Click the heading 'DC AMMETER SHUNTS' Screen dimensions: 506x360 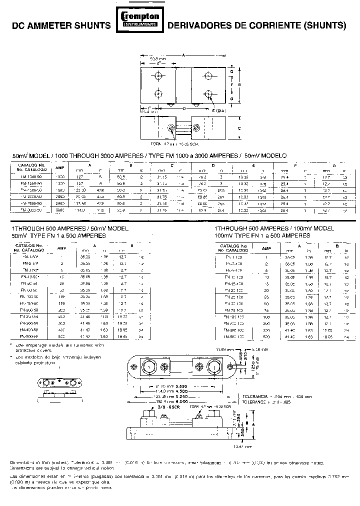point(61,24)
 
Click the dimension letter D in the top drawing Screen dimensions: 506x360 point(184,107)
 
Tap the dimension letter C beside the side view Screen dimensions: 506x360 point(240,128)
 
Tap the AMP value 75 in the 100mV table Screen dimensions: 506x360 point(266,310)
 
